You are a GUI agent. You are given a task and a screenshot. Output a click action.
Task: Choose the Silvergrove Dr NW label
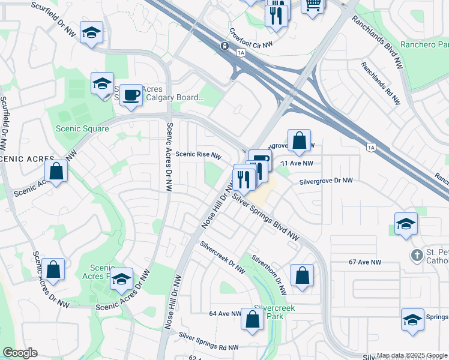coord(327,181)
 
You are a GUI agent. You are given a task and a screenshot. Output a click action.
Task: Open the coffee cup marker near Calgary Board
coord(131,95)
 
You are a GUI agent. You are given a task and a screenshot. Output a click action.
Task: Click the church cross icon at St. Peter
coord(417,255)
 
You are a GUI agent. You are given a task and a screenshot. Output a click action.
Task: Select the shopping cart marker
coord(313,5)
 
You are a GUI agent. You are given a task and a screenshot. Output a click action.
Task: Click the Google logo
coord(20,353)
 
